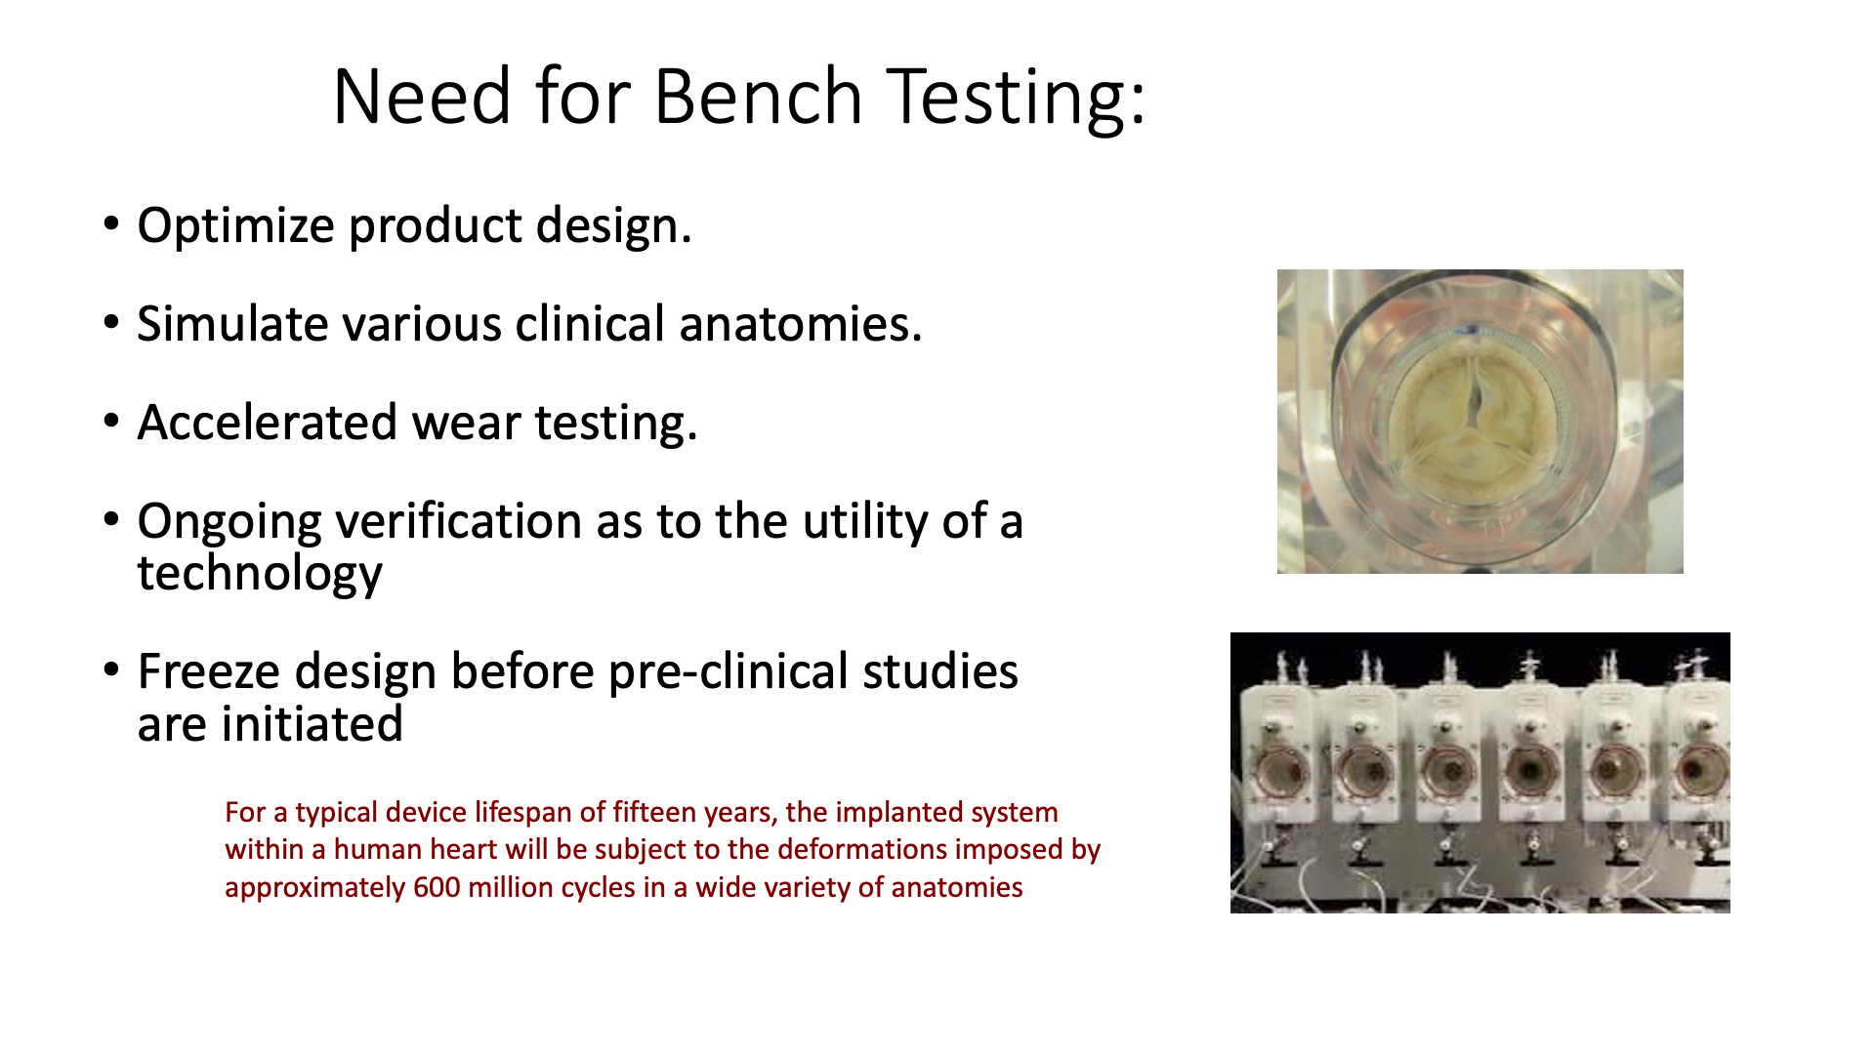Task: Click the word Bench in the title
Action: (x=758, y=98)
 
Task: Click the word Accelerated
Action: (x=267, y=424)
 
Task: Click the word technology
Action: (x=259, y=574)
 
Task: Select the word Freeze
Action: (x=207, y=672)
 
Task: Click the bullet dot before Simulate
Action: (x=111, y=322)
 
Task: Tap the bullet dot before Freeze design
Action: (x=111, y=670)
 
